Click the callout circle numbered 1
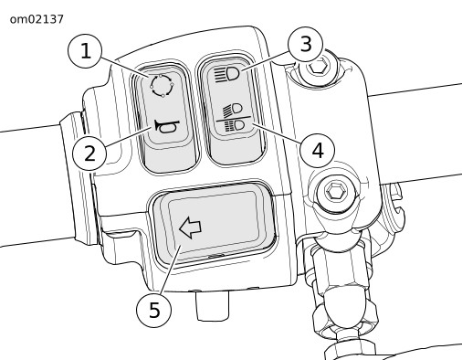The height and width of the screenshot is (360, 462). pyautogui.click(x=85, y=51)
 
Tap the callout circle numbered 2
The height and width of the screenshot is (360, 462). pyautogui.click(x=89, y=154)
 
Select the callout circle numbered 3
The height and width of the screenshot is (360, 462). pyautogui.click(x=305, y=44)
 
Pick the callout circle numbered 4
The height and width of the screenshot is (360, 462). pyautogui.click(x=317, y=151)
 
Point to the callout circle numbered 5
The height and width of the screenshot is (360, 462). pyautogui.click(x=154, y=310)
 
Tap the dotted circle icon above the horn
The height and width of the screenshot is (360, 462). pyautogui.click(x=163, y=85)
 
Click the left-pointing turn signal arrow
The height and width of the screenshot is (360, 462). pyautogui.click(x=190, y=228)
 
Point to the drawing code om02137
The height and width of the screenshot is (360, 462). pyautogui.click(x=37, y=19)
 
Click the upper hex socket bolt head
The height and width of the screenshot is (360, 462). pyautogui.click(x=317, y=67)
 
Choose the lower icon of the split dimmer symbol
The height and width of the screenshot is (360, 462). pyautogui.click(x=235, y=126)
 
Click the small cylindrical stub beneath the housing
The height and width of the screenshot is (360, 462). pyautogui.click(x=213, y=305)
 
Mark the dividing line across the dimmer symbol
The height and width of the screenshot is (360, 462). pyautogui.click(x=234, y=119)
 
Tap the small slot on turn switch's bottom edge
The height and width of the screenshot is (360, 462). pyautogui.click(x=216, y=256)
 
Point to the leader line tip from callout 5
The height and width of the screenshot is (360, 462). pyautogui.click(x=182, y=246)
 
